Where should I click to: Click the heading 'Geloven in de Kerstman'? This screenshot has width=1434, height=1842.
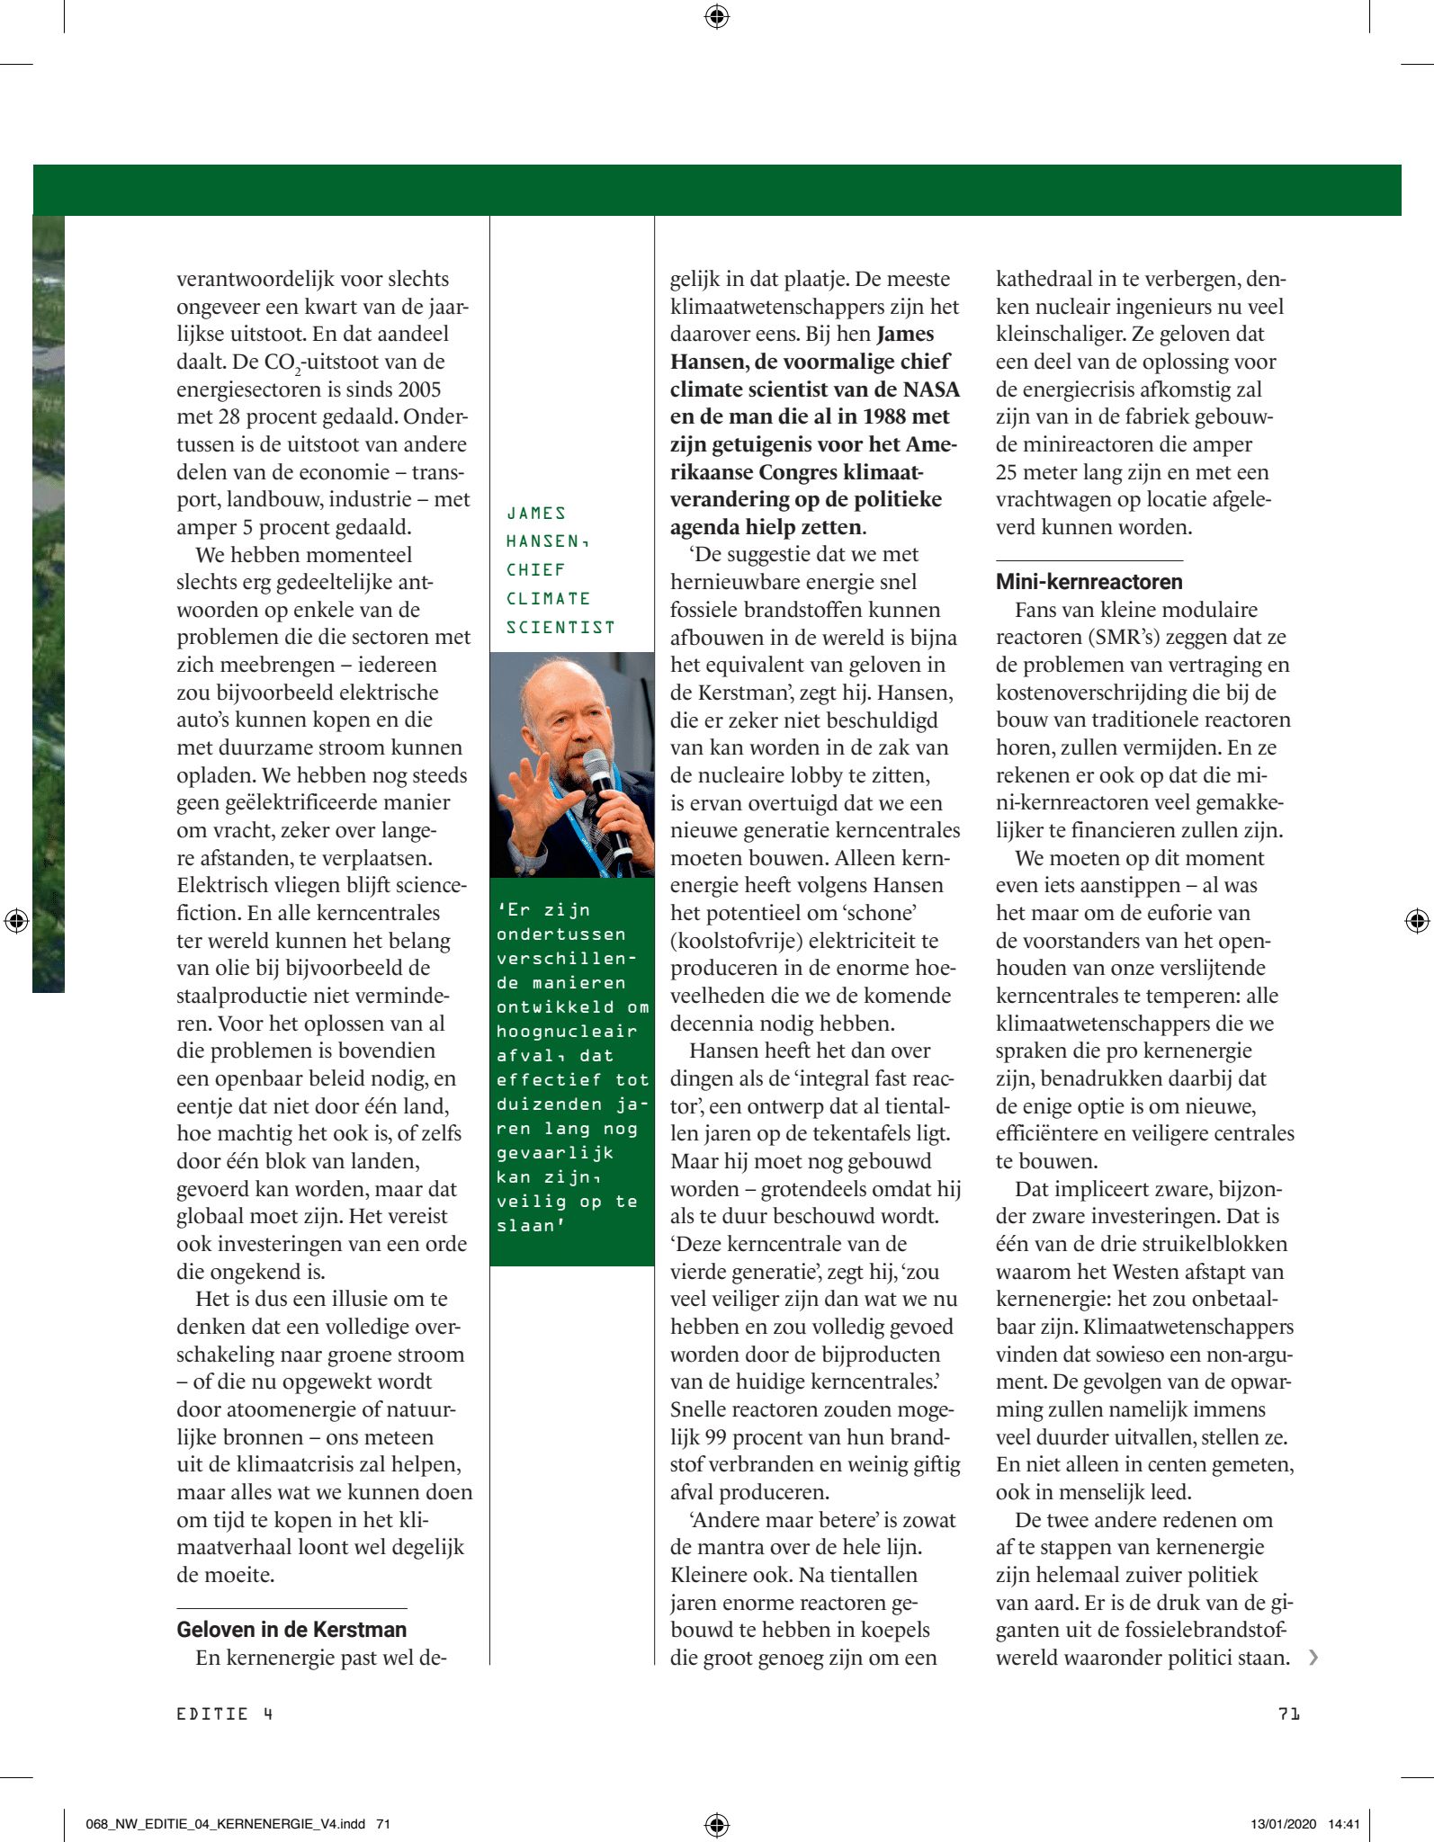pyautogui.click(x=291, y=1629)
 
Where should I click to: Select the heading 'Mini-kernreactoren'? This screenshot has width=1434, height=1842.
pyautogui.click(x=1089, y=581)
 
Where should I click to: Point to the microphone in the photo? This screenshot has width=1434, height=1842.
pyautogui.click(x=605, y=800)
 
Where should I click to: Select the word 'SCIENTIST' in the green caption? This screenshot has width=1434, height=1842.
pyautogui.click(x=560, y=627)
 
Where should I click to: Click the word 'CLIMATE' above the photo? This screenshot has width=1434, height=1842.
pyautogui.click(x=548, y=598)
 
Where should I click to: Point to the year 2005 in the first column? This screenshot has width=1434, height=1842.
pyautogui.click(x=416, y=389)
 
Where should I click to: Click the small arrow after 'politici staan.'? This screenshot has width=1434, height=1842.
pyautogui.click(x=1313, y=1657)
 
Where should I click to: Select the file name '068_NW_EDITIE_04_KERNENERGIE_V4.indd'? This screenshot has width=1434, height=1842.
pyautogui.click(x=225, y=1824)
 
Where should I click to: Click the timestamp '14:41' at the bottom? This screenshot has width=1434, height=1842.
pyautogui.click(x=1344, y=1824)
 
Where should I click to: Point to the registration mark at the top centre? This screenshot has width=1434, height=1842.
pyautogui.click(x=717, y=16)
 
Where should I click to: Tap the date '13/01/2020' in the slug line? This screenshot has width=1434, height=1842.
pyautogui.click(x=1283, y=1824)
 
